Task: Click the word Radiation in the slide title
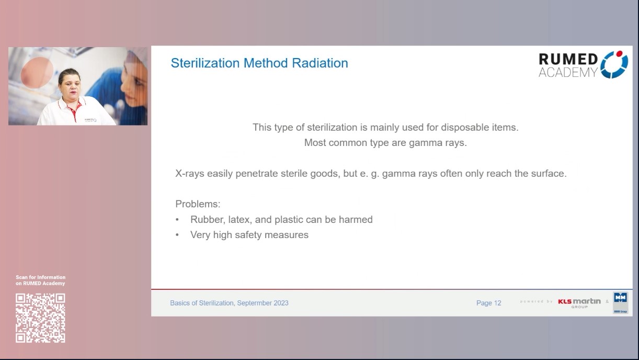click(320, 63)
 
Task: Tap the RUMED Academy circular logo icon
click(614, 64)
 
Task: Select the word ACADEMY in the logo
click(568, 73)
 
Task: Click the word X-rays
click(190, 173)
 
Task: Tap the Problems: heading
click(198, 204)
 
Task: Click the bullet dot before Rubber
click(177, 220)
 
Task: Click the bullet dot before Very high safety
click(177, 235)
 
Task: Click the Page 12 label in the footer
click(488, 303)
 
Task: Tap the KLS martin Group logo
click(579, 302)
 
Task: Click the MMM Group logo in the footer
click(621, 303)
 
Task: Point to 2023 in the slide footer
click(279, 303)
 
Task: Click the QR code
click(40, 318)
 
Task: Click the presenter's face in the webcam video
click(70, 84)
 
